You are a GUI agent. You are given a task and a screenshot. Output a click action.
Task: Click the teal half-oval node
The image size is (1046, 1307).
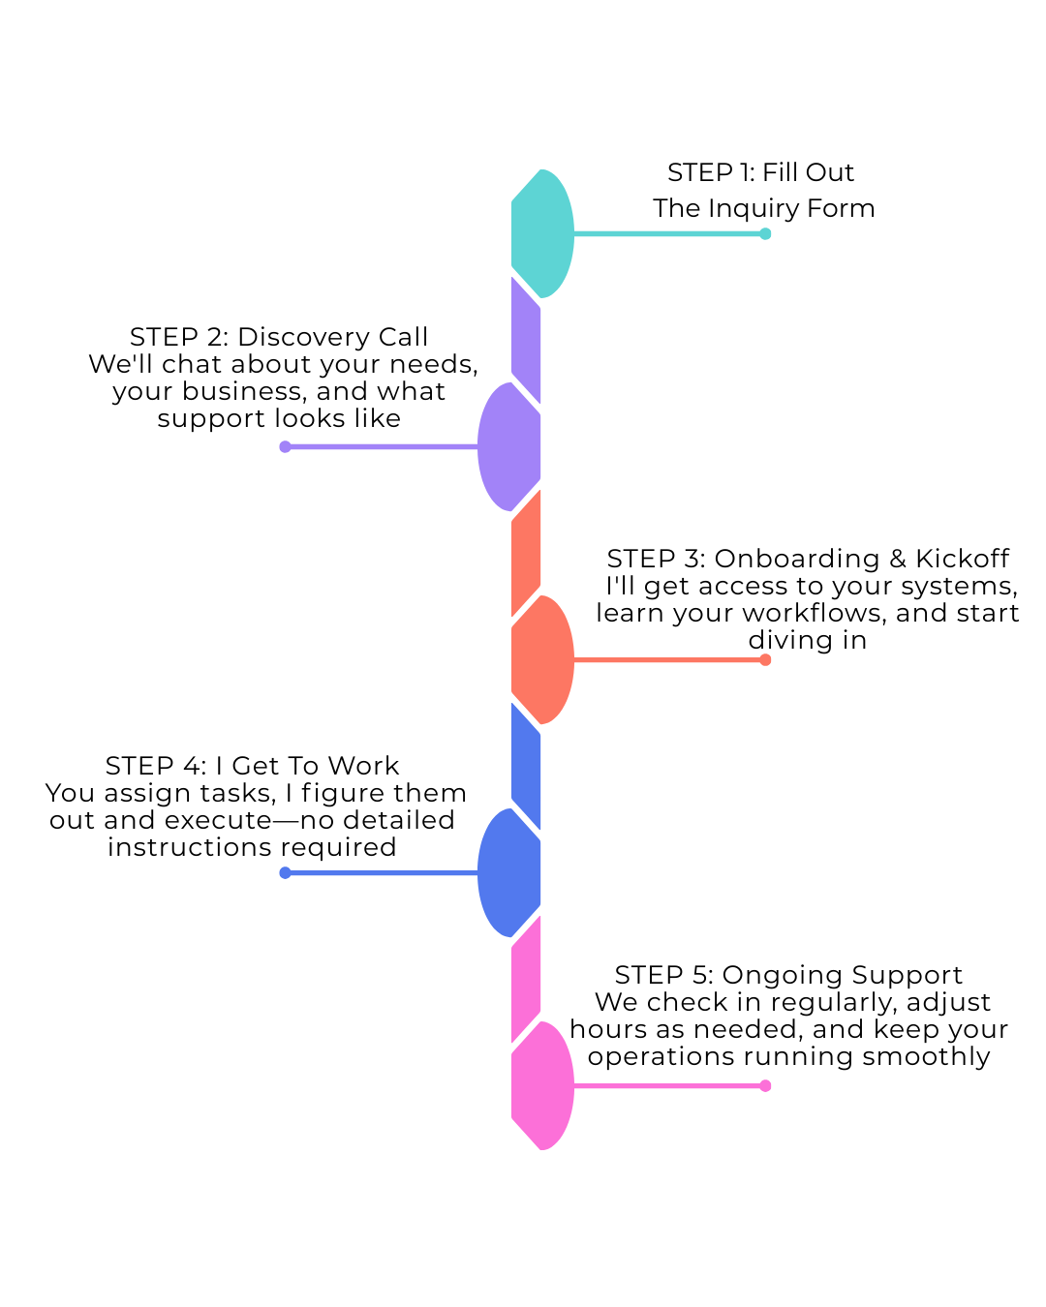[x=540, y=233]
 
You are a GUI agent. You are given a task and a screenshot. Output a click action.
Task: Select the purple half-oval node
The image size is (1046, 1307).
[x=510, y=446]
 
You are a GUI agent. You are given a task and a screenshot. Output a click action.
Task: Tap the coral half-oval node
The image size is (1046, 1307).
[x=540, y=659]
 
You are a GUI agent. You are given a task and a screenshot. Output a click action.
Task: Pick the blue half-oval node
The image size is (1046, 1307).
[x=510, y=872]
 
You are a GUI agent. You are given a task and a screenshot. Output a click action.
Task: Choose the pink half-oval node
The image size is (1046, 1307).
[x=540, y=1085]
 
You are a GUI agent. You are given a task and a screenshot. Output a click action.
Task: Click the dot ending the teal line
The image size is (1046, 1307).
[x=765, y=233]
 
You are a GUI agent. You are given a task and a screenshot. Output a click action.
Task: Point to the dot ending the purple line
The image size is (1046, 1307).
[x=285, y=446]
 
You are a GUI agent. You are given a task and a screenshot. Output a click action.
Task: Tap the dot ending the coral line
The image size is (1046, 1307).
[x=765, y=659]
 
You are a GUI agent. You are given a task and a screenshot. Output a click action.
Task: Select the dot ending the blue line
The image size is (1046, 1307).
[x=285, y=872]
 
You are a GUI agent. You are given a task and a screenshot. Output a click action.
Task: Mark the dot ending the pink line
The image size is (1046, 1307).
[x=765, y=1085]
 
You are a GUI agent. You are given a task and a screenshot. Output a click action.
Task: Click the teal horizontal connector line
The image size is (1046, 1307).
[x=668, y=233]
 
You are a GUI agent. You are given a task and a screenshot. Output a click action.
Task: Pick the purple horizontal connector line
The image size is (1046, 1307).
[x=383, y=446]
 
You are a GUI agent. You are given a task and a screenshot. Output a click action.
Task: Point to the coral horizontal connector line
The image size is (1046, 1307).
[x=668, y=659]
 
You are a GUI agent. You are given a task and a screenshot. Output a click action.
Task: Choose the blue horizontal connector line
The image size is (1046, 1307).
[x=383, y=872]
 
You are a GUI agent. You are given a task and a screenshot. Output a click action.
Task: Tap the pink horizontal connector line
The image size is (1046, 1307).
[x=668, y=1085]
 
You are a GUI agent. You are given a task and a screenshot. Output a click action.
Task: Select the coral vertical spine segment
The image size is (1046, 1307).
[x=526, y=553]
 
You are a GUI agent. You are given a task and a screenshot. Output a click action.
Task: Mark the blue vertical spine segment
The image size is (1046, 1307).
[x=526, y=766]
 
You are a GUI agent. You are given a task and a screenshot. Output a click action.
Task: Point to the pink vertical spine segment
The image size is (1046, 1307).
[x=526, y=979]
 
